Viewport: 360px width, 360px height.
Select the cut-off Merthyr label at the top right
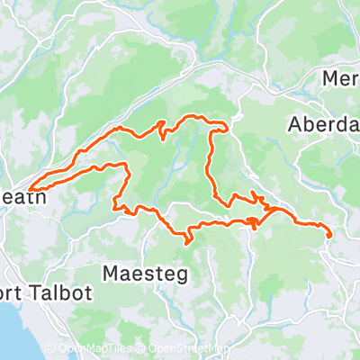(x=341, y=78)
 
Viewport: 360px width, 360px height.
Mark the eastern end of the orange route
(x=330, y=236)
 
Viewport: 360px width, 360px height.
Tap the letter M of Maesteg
(x=112, y=273)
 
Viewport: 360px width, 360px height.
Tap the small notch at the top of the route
(x=162, y=122)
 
